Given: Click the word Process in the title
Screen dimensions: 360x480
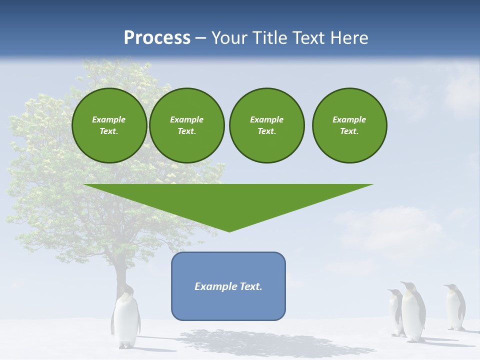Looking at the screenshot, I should coord(157,38).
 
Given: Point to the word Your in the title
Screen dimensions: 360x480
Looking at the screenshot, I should coord(230,38).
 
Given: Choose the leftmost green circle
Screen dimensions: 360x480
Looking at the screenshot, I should coord(109,125).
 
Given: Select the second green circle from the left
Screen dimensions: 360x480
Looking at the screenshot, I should coord(186,125).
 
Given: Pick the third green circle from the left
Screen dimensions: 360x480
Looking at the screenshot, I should coord(266,125).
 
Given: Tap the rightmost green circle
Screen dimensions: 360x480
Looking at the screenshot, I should coord(349,125).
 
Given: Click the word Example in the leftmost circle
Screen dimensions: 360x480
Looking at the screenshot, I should coord(109,119).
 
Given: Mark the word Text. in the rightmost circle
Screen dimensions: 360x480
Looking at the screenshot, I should coord(349,131).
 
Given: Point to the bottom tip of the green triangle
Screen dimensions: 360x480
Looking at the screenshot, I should coord(229,230).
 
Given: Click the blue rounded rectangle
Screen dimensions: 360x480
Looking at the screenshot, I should coord(228,305).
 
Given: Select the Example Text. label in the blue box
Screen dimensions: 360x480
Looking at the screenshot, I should coord(228,286).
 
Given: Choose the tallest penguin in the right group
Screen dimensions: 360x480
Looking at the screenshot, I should coord(413,312).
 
